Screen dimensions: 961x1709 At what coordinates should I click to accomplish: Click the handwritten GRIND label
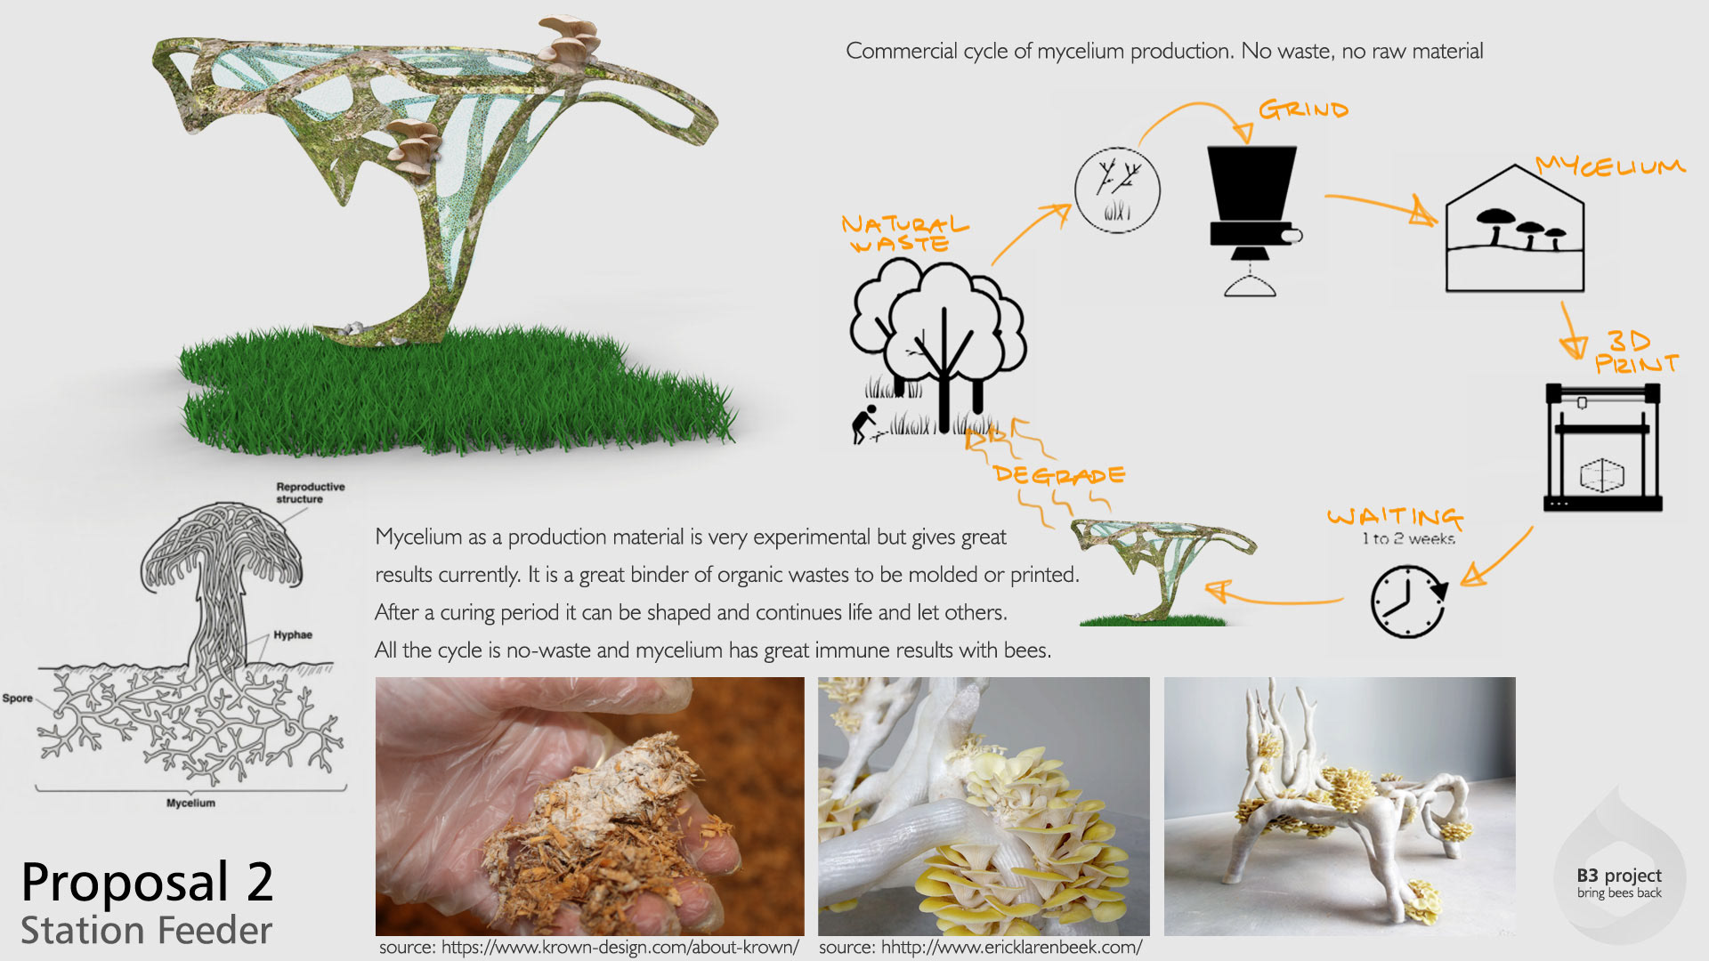click(x=1303, y=109)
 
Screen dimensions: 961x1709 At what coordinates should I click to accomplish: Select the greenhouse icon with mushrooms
click(x=1514, y=231)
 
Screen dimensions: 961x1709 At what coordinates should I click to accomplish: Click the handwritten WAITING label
click(x=1395, y=517)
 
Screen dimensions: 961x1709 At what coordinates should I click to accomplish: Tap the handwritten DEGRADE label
click(x=1059, y=475)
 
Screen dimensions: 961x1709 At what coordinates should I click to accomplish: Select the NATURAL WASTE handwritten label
click(x=903, y=234)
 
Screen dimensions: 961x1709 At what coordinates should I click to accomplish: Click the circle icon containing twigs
click(x=1117, y=190)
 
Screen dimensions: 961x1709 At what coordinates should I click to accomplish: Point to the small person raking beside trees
click(x=863, y=424)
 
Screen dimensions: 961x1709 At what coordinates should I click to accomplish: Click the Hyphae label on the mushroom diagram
click(x=293, y=635)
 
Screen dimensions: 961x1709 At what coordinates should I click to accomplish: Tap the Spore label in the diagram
click(x=17, y=699)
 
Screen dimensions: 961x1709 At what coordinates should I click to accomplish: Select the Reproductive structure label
click(x=310, y=493)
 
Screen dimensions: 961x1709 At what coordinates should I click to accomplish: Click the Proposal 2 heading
click(x=147, y=882)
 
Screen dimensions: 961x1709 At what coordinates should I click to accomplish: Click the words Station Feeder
click(x=147, y=931)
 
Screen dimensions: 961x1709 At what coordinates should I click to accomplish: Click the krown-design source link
click(x=588, y=948)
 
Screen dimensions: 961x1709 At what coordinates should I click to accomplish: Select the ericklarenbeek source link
click(x=980, y=948)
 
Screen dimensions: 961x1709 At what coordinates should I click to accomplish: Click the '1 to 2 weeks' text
click(x=1408, y=538)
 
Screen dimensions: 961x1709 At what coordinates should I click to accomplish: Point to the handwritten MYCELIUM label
click(x=1610, y=166)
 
